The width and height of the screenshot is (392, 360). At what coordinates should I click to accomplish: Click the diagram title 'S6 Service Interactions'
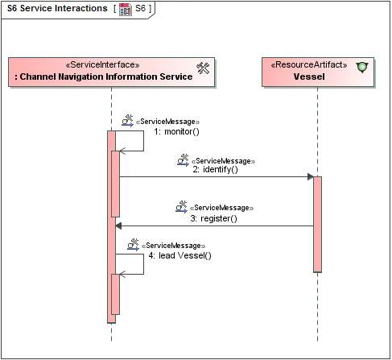(x=56, y=9)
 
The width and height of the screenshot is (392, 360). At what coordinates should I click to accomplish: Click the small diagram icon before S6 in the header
(x=125, y=9)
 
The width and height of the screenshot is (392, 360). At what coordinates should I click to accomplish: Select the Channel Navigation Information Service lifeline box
(x=111, y=71)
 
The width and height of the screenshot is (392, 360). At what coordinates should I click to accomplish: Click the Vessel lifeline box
(x=318, y=71)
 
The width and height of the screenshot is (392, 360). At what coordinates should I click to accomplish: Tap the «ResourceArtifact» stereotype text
(x=309, y=65)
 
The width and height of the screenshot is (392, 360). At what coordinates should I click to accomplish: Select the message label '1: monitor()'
(x=176, y=131)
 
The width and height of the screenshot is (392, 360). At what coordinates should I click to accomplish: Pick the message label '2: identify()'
(x=215, y=170)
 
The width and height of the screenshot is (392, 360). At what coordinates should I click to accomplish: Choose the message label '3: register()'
(x=213, y=218)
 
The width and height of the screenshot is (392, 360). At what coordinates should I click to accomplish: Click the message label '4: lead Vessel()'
(x=179, y=255)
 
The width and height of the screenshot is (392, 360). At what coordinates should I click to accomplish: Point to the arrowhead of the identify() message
(x=309, y=176)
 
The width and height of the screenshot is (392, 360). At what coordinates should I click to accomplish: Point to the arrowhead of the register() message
(x=119, y=226)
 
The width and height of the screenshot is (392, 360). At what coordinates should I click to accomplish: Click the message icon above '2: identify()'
(x=183, y=161)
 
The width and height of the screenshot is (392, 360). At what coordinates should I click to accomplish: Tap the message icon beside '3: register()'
(x=181, y=208)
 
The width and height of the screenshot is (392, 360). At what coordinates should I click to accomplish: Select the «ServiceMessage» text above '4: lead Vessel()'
(x=173, y=246)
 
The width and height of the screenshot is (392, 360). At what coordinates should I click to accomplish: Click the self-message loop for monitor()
(x=143, y=141)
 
